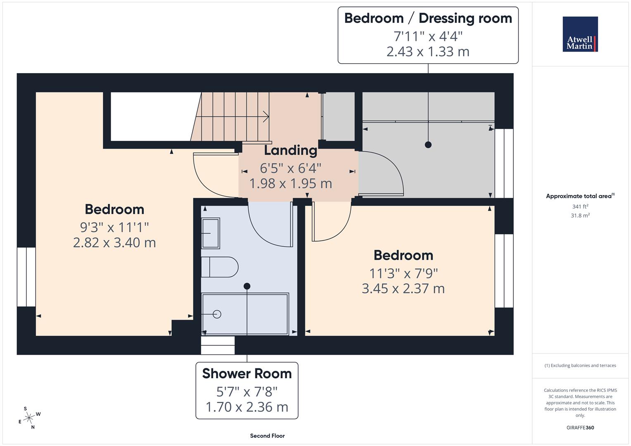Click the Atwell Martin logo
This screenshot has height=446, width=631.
[580, 34]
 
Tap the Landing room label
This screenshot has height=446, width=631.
[290, 150]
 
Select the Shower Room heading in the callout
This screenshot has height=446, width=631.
[247, 373]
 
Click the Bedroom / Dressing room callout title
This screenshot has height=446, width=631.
[428, 18]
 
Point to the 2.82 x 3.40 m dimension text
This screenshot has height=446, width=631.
[114, 242]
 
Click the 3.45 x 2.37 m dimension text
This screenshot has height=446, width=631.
[403, 288]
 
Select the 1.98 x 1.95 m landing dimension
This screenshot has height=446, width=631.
[290, 183]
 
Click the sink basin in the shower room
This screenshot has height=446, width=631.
[210, 233]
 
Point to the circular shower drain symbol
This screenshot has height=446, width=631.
[217, 314]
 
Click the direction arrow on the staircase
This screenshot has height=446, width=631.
[264, 117]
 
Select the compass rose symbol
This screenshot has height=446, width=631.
[29, 418]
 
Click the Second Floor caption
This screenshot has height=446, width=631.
[267, 436]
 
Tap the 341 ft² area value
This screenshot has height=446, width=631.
[580, 206]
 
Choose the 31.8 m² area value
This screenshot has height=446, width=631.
[580, 216]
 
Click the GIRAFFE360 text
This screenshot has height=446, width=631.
[580, 427]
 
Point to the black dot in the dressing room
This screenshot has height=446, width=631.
[428, 145]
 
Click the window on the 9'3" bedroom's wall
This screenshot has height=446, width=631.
[26, 277]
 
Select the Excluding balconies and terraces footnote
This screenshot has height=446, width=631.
[580, 365]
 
